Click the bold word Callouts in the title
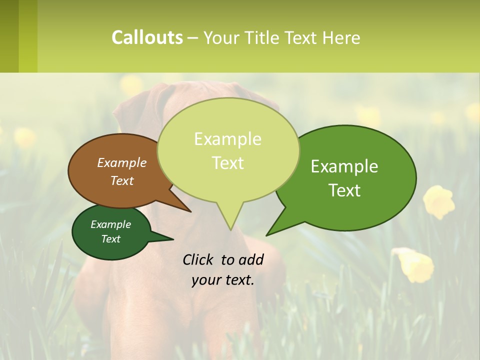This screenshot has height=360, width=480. point(147,37)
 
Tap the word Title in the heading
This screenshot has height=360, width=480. point(264,37)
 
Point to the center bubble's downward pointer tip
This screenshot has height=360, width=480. point(230,229)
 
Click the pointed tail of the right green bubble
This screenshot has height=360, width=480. point(267,234)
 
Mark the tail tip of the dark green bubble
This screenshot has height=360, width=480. point(172,239)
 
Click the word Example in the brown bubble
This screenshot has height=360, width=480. point(122,163)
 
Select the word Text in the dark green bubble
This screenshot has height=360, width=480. point(110,239)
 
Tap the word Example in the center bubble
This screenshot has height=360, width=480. point(227,139)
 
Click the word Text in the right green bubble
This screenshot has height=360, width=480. point(344,190)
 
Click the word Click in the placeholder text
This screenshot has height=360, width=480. point(199,259)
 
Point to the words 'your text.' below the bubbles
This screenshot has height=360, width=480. point(223,280)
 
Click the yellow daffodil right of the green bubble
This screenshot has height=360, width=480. point(439,201)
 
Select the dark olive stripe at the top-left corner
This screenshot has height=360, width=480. point(9,36)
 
